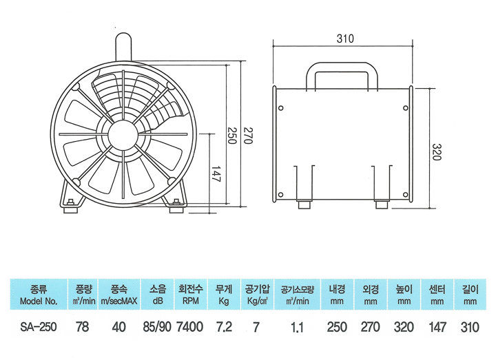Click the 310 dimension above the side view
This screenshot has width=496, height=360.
tap(345, 39)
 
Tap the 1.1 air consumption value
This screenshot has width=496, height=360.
tap(297, 328)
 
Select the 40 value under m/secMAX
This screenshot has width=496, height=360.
tap(118, 327)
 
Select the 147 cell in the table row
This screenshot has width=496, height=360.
tap(437, 327)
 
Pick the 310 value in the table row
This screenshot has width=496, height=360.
tap(471, 327)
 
